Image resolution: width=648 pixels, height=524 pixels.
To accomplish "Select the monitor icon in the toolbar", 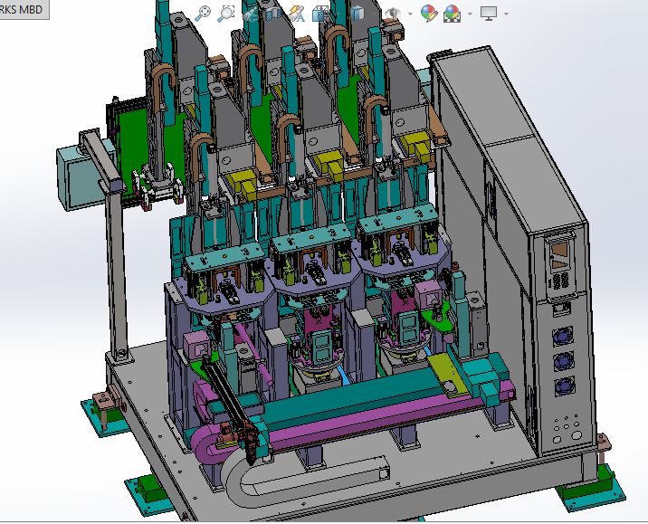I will tap(489, 13).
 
